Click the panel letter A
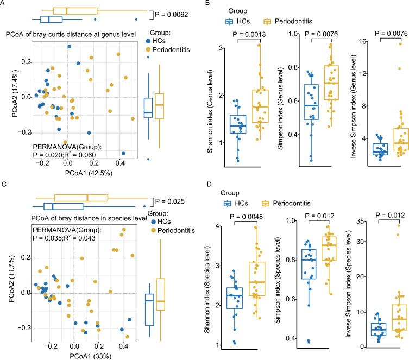(5, 4)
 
